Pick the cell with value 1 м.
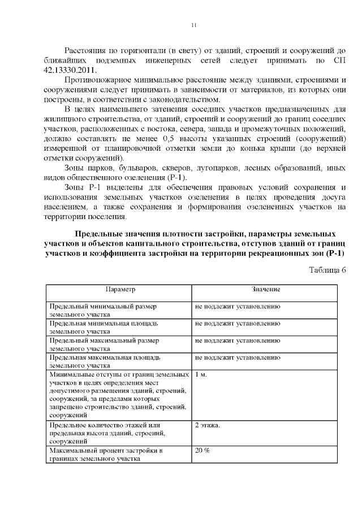pos(201,374)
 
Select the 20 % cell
pos(202,450)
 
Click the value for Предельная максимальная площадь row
pos(238,357)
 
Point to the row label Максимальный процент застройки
pos(106,451)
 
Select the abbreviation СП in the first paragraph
pos(339,60)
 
